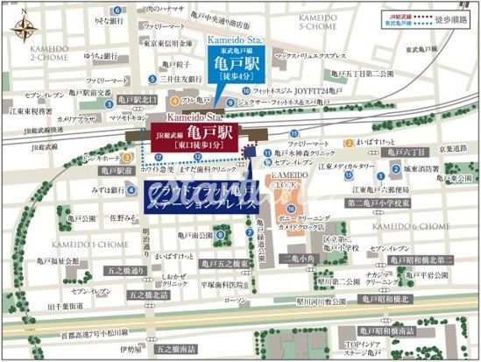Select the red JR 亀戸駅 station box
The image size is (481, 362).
[x=202, y=136]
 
